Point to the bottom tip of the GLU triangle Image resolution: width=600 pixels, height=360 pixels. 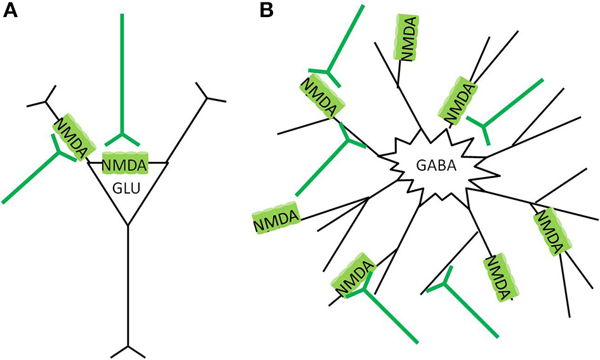pyautogui.click(x=128, y=224)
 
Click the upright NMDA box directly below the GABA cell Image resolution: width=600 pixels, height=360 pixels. pyautogui.click(x=497, y=277)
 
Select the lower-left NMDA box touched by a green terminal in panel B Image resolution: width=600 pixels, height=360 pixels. pyautogui.click(x=353, y=276)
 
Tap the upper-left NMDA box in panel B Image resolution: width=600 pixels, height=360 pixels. pyautogui.click(x=317, y=97)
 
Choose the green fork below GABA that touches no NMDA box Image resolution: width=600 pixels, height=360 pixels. pyautogui.click(x=445, y=283)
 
